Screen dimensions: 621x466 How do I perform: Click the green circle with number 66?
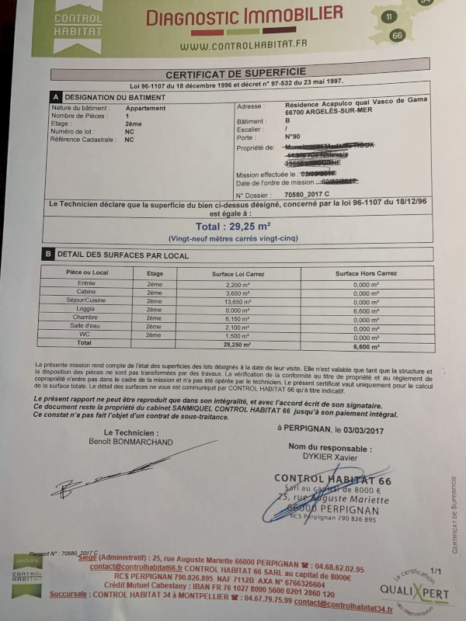(x=398, y=35)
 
